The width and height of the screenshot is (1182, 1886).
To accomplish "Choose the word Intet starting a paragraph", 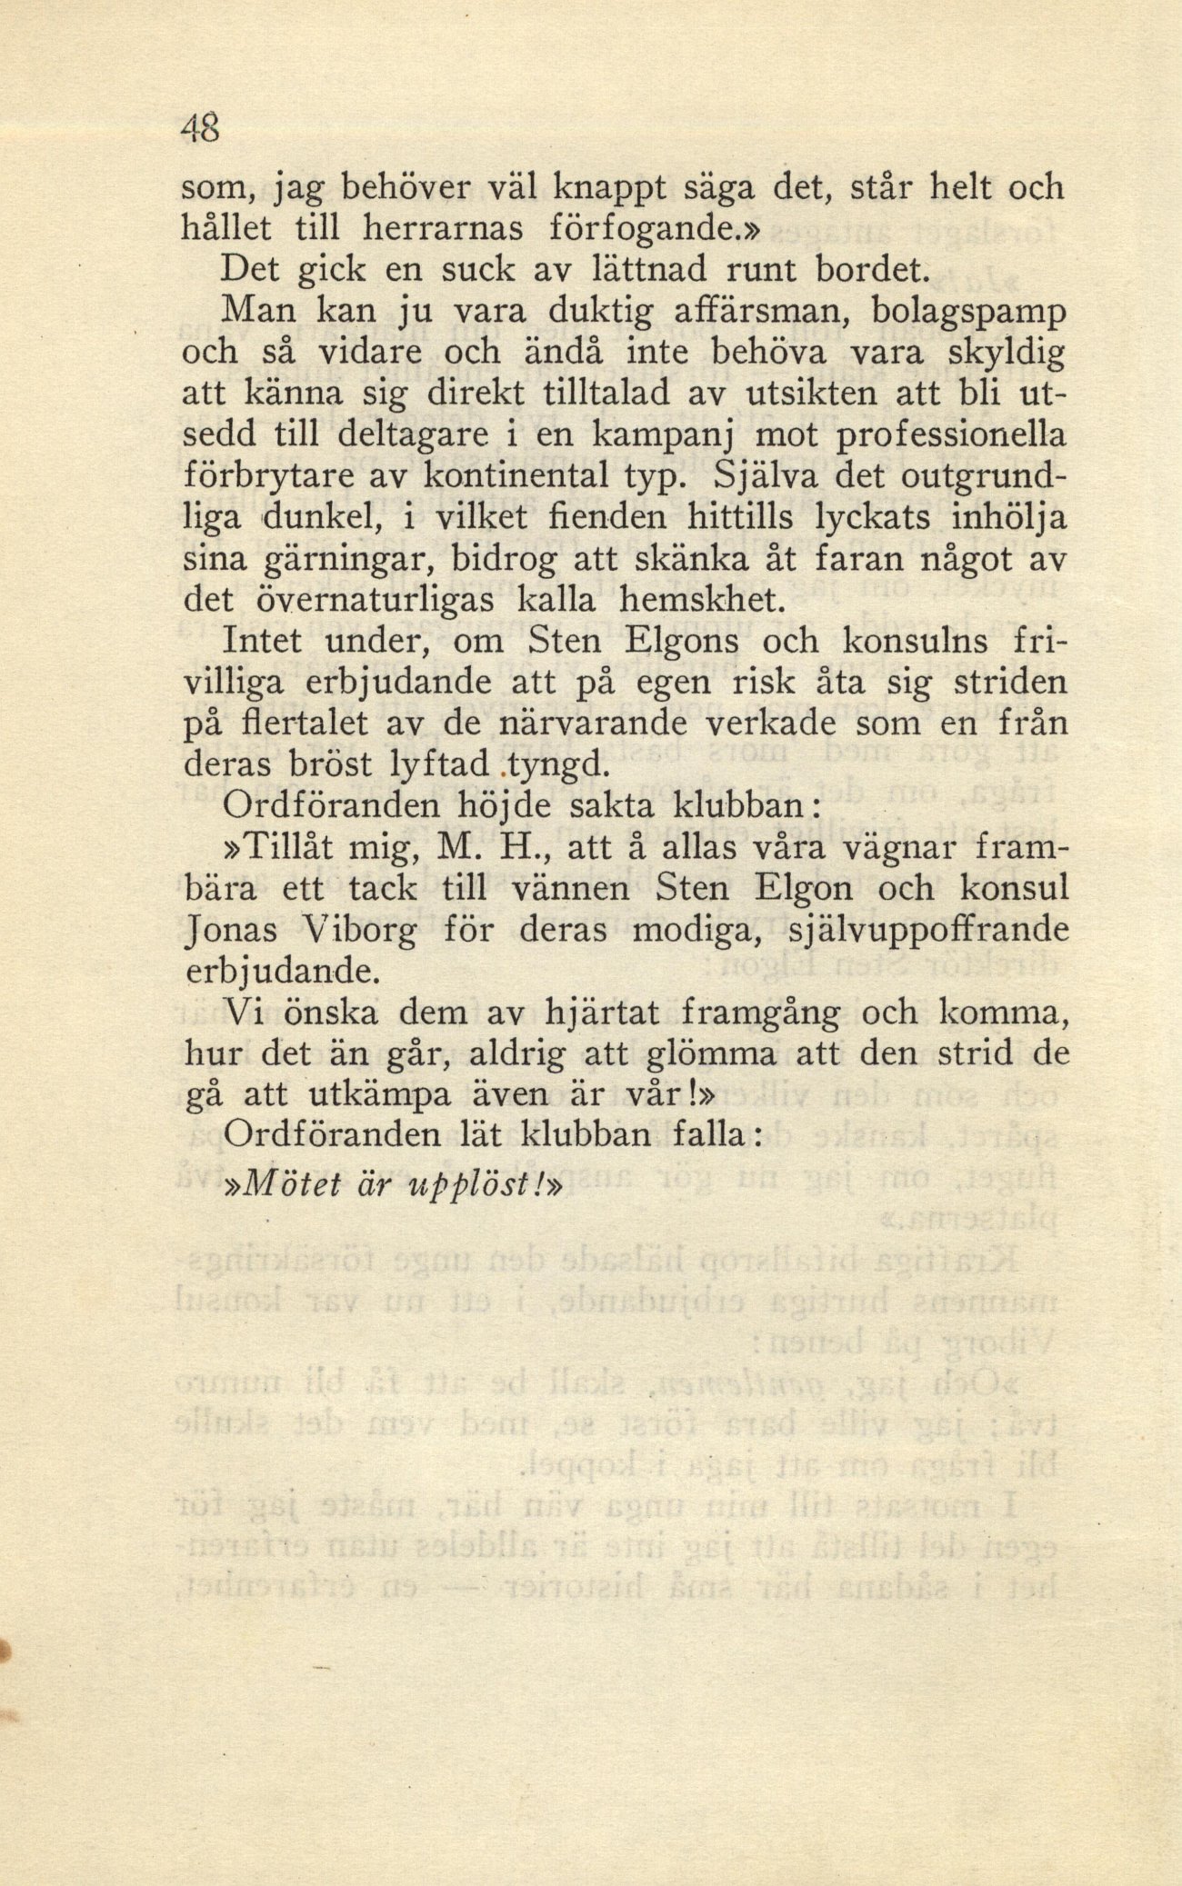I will [x=264, y=642].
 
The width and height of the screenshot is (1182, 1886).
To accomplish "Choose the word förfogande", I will [x=651, y=229].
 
